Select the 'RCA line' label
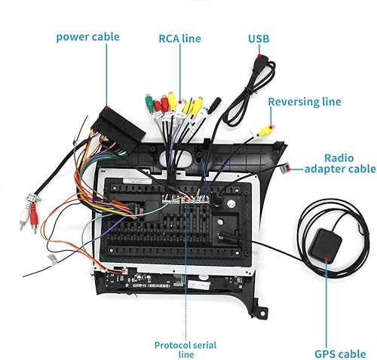pos(179,37)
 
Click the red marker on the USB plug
pos(261,56)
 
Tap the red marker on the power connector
pos(107,110)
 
